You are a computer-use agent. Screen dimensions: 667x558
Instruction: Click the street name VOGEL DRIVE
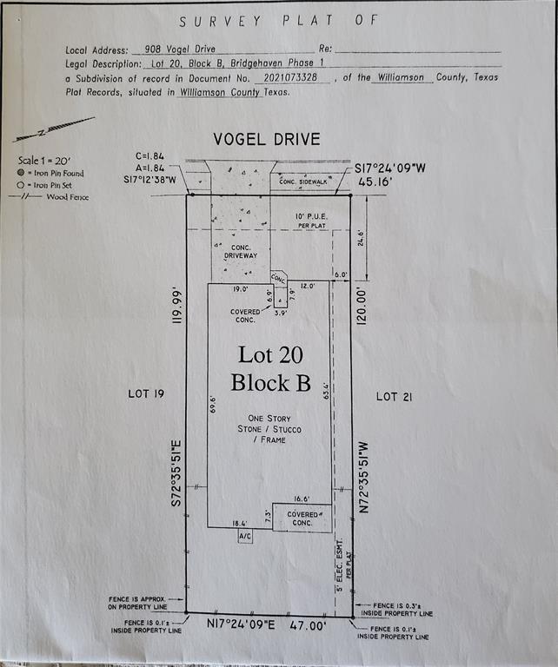point(267,139)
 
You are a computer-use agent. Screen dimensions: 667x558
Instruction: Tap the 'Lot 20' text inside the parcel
point(269,354)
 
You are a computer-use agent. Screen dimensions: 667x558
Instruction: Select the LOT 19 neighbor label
point(146,394)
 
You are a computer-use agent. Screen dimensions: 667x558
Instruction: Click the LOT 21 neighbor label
point(394,396)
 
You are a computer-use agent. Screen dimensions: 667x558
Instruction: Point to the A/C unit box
point(245,538)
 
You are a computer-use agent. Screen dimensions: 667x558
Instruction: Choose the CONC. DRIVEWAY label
point(240,252)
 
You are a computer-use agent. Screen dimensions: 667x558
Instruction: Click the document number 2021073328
point(291,77)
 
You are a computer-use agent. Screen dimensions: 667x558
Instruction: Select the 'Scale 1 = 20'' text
point(46,161)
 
